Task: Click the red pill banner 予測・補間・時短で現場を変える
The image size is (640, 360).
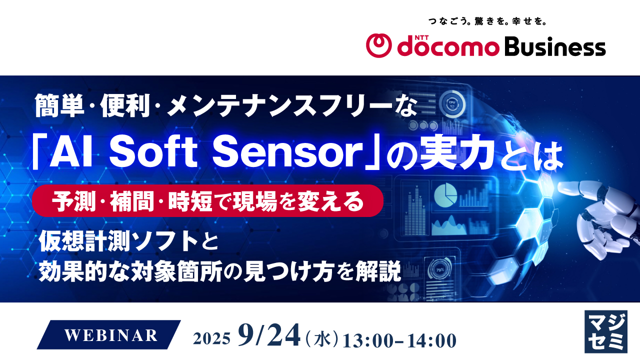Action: pyautogui.click(x=207, y=200)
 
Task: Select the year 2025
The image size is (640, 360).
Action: pyautogui.click(x=212, y=339)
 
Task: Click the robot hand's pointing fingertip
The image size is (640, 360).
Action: pyautogui.click(x=560, y=187)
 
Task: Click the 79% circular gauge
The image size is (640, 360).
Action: pyautogui.click(x=440, y=270)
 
